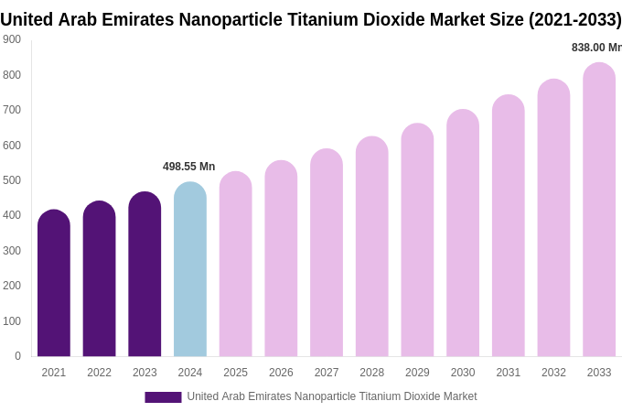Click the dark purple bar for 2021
click(54, 284)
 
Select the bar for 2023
click(145, 275)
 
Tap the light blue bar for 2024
click(190, 270)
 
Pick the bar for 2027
click(327, 254)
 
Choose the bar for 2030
click(463, 233)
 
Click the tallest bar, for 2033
click(599, 211)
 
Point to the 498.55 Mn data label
click(188, 167)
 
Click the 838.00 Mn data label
click(596, 48)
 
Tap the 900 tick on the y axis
click(12, 39)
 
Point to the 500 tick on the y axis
click(12, 180)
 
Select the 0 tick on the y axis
click(17, 356)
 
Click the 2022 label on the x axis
click(99, 373)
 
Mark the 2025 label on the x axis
click(235, 373)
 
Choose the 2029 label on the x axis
click(417, 373)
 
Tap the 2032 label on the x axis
click(553, 373)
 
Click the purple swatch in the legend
click(163, 397)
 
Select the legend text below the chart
click(332, 396)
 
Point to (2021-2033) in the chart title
click(574, 19)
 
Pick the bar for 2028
click(372, 247)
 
